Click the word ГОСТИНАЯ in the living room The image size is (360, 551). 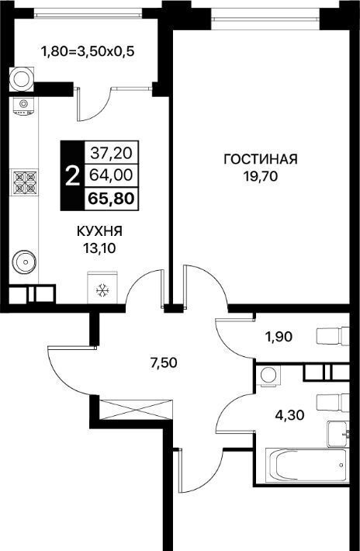[261, 159]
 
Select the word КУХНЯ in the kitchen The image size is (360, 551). [99, 231]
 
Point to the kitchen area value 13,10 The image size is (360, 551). [99, 249]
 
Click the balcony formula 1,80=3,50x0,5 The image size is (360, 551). [88, 52]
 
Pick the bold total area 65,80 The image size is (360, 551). [111, 199]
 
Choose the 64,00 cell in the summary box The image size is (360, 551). [111, 175]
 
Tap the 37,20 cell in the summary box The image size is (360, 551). [111, 153]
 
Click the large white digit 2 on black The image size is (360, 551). [72, 175]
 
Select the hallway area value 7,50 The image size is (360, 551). [163, 363]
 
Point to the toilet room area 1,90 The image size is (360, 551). [279, 337]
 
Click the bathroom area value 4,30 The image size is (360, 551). [289, 416]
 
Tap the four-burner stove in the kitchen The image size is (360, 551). [24, 182]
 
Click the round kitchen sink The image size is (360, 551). [24, 262]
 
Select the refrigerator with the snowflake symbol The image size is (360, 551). [102, 287]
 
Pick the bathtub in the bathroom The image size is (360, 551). [307, 465]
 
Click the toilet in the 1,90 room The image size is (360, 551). [333, 336]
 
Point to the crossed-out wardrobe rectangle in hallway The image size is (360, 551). [136, 410]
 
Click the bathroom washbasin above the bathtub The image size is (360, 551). [338, 434]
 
